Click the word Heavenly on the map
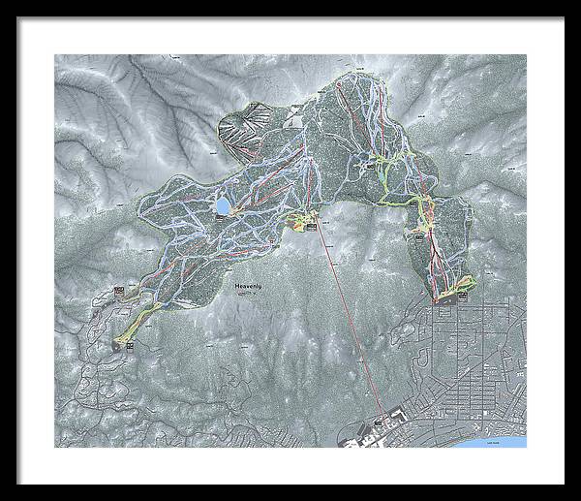click(x=250, y=288)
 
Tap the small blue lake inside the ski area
click(x=223, y=206)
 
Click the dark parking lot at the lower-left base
click(x=123, y=342)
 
